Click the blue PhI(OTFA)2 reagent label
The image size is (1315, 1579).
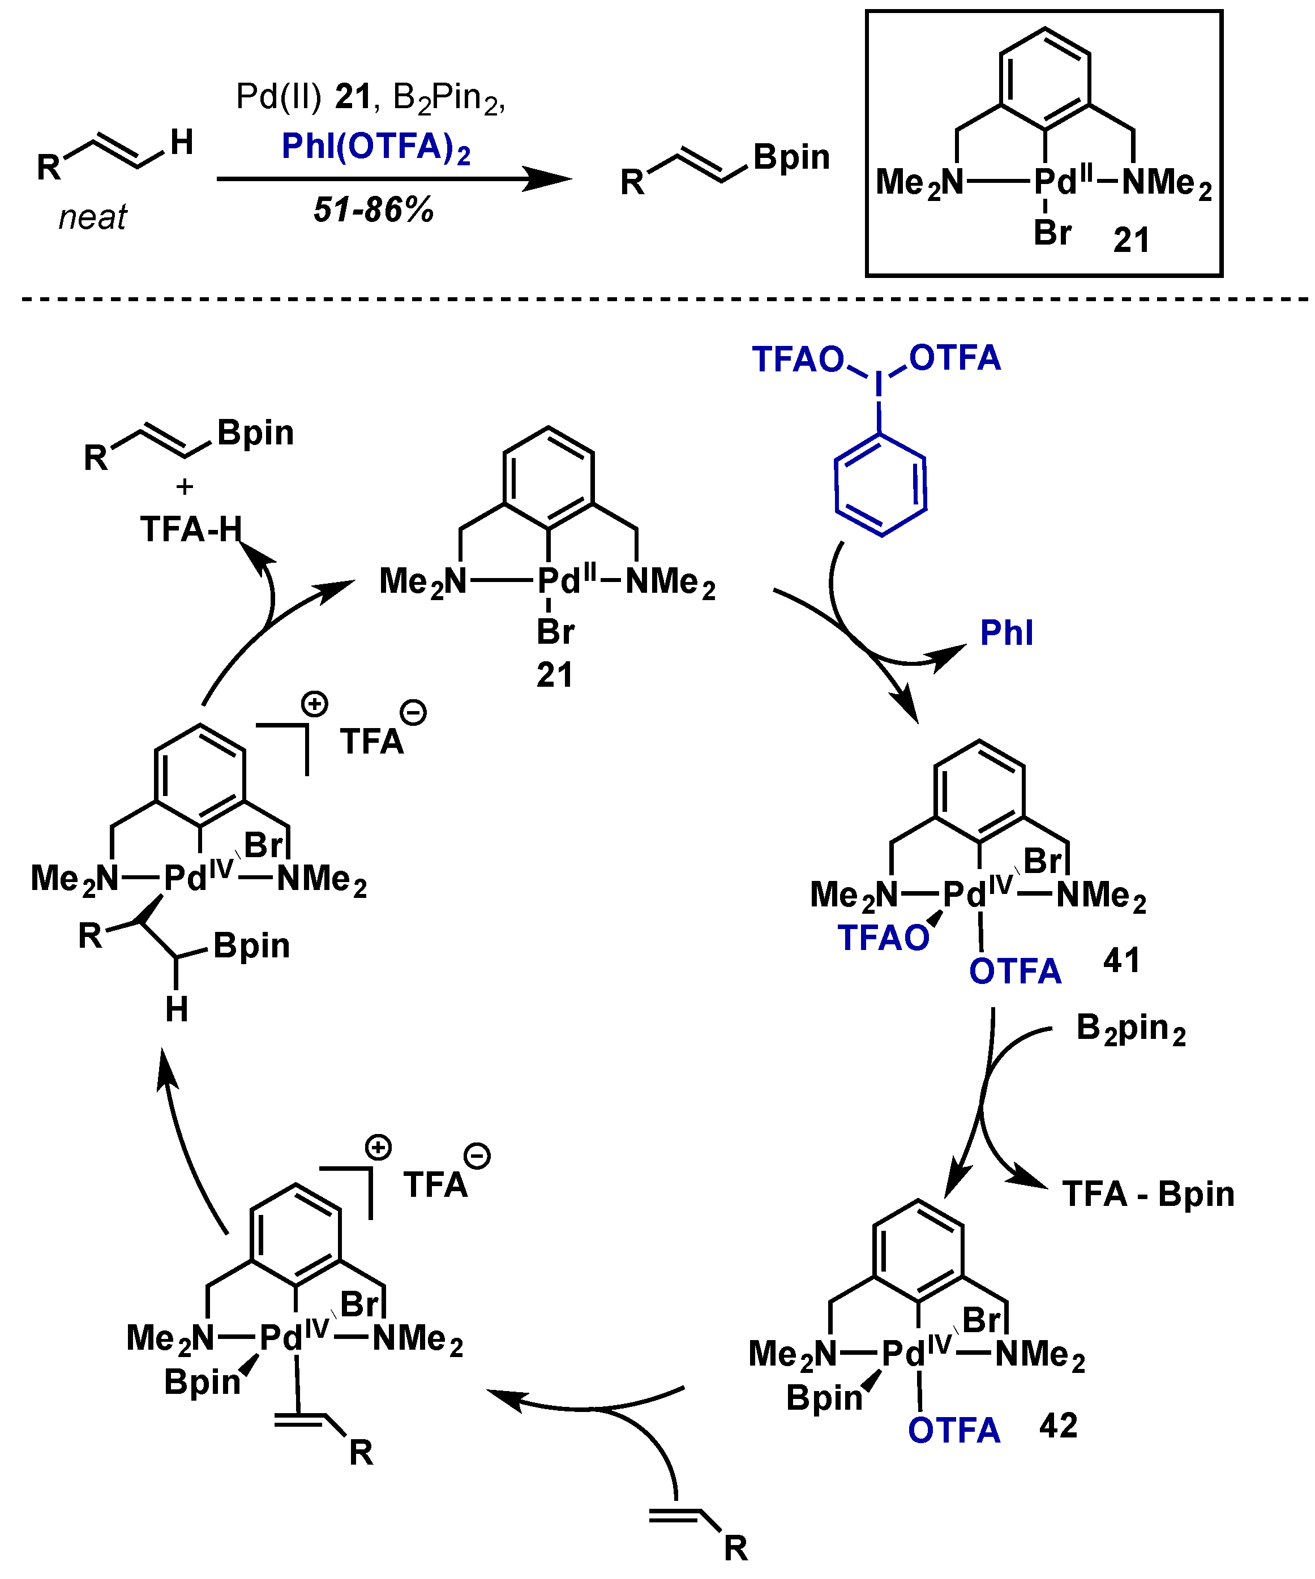click(x=375, y=147)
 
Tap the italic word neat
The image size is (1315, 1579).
click(x=92, y=218)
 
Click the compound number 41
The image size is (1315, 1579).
click(x=1121, y=961)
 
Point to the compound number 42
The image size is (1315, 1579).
click(x=1058, y=1426)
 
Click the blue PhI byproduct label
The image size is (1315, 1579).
click(x=1006, y=633)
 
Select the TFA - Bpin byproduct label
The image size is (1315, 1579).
click(x=1148, y=1194)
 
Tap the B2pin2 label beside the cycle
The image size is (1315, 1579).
click(x=1130, y=1029)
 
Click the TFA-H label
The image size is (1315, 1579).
click(x=191, y=530)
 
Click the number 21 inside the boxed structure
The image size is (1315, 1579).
click(x=1131, y=241)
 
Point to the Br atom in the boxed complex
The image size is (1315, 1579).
click(x=1052, y=233)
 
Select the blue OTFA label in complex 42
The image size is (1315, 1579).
click(x=953, y=1430)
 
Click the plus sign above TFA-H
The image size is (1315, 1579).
click(x=184, y=487)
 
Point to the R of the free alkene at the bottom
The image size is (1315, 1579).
click(x=735, y=1549)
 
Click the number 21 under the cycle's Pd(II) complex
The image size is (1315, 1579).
click(x=554, y=675)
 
